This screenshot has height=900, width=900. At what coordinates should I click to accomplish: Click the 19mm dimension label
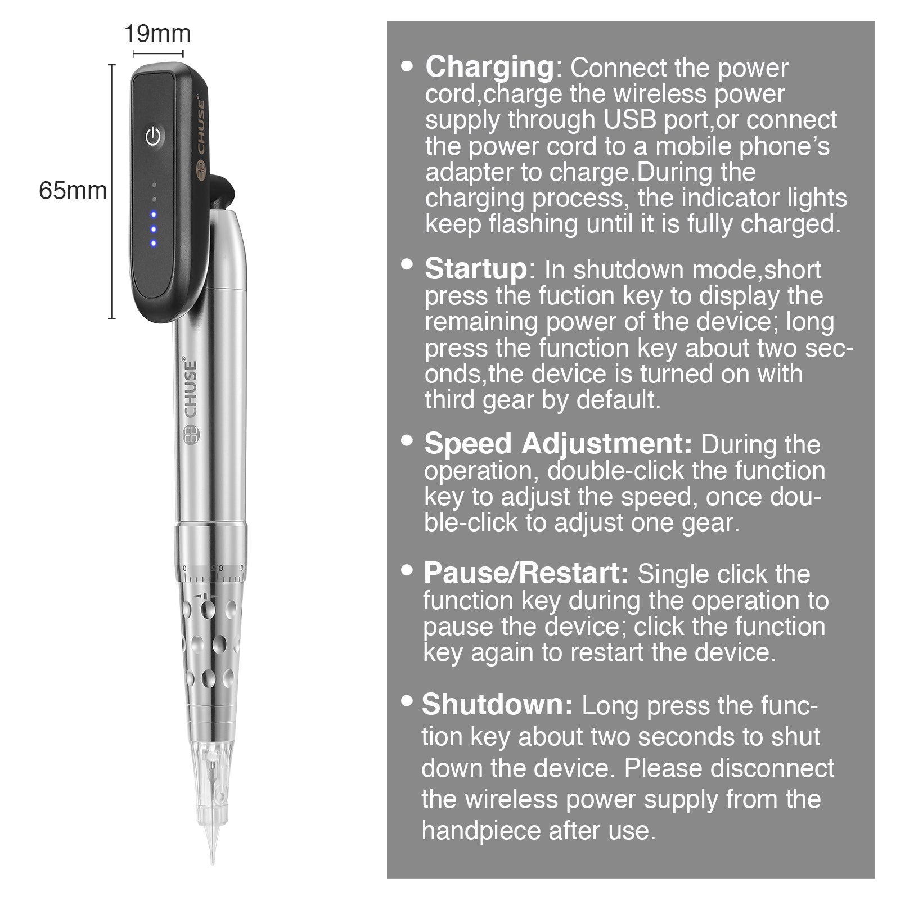click(157, 34)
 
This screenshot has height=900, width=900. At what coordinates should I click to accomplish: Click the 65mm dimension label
click(73, 191)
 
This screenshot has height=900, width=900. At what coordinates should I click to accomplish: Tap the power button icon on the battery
click(154, 136)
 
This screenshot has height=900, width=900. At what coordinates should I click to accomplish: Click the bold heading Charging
click(490, 67)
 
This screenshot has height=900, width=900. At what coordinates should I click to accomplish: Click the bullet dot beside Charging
click(407, 66)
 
